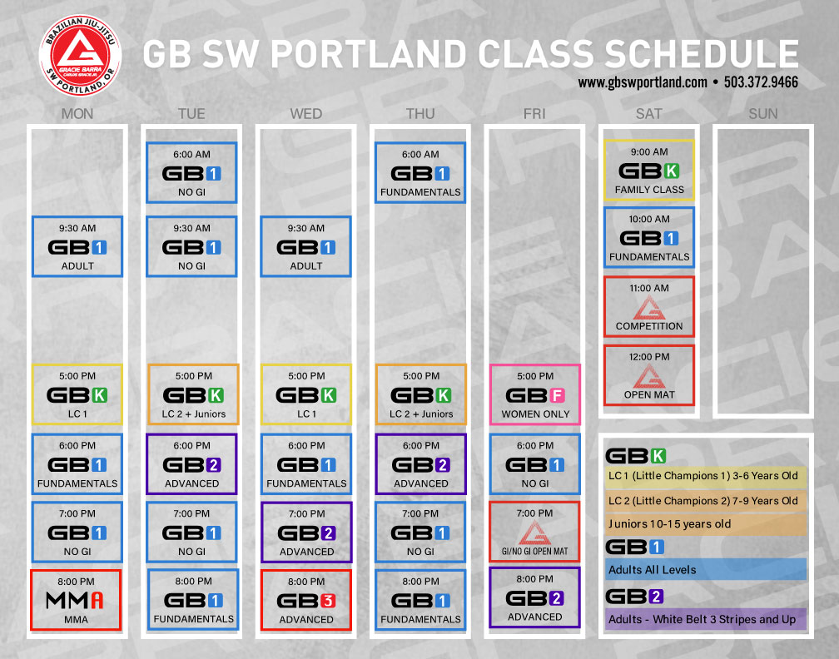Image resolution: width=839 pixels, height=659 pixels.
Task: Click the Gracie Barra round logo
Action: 80,56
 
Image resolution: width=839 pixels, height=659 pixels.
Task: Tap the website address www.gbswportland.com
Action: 643,82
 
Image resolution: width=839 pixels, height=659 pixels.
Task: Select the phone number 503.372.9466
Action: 761,82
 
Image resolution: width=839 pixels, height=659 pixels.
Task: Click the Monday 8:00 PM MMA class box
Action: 76,600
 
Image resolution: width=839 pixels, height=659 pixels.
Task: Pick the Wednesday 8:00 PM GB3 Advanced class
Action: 306,600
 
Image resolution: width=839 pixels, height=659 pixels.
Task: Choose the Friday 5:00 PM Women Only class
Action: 535,394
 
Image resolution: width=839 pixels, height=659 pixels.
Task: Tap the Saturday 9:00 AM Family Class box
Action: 649,170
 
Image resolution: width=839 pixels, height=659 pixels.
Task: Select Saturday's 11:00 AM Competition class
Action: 649,306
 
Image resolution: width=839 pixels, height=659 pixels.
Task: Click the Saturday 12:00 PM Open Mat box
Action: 649,375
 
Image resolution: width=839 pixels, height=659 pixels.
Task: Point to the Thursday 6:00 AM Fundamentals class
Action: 420,172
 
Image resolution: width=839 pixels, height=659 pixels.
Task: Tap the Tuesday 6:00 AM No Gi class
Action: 191,172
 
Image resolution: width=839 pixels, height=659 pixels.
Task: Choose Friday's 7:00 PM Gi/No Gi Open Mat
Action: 534,532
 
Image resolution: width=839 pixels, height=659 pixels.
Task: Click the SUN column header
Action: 763,114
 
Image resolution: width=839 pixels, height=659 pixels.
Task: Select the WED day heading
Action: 306,114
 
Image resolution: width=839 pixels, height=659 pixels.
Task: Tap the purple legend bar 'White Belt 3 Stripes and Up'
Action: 705,619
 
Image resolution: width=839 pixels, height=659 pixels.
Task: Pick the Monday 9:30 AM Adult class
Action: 77,246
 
